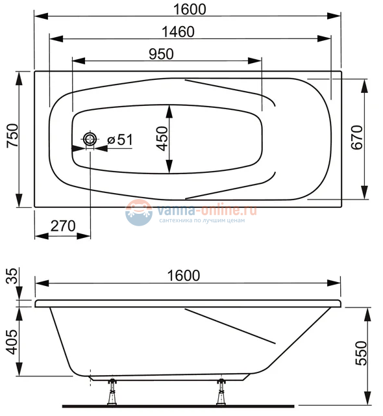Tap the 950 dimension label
tap(161, 55)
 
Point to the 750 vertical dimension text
tap(12, 139)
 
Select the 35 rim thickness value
tap(12, 278)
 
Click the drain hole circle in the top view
tap(90, 139)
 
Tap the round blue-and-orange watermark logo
tap(138, 213)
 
